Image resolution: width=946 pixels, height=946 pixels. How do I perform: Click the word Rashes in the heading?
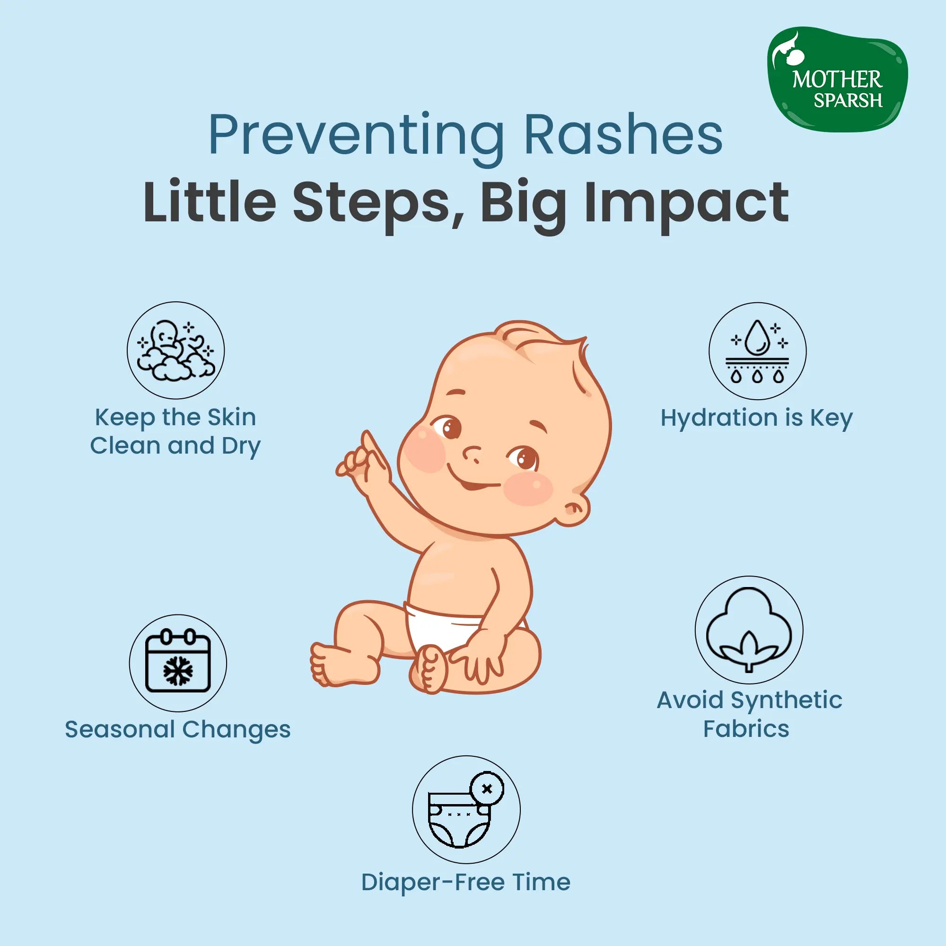[623, 135]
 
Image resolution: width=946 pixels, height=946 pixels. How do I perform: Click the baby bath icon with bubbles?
[176, 350]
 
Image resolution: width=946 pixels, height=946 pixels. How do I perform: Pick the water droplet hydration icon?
[757, 351]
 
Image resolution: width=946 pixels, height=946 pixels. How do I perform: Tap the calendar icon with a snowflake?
[178, 663]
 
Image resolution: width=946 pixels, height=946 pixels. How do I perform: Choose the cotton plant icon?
[749, 630]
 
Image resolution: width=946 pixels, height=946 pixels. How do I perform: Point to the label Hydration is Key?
[756, 418]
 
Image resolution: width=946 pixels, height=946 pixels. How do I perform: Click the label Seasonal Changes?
[178, 729]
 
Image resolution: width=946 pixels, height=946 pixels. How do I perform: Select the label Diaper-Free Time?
[465, 882]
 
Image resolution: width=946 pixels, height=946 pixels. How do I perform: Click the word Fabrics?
[746, 728]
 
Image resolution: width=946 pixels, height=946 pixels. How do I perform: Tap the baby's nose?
[472, 455]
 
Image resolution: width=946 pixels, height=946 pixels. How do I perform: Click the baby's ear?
[575, 511]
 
